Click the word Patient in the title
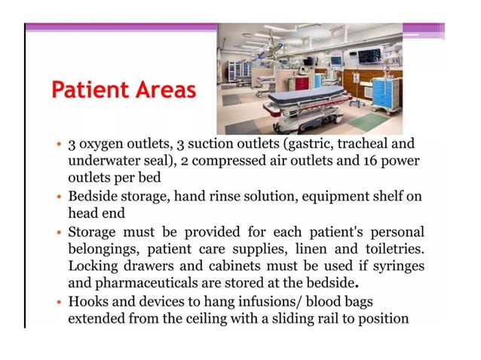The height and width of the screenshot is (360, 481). point(81,91)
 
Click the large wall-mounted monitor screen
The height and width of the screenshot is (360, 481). point(369,56)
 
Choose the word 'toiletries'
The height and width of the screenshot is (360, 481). point(388,249)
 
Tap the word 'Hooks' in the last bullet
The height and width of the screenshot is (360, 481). point(87,301)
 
